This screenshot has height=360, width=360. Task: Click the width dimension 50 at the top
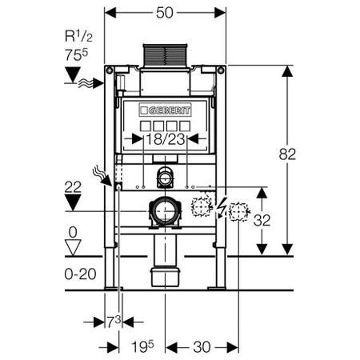point(165,13)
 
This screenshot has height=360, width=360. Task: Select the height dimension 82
point(287,154)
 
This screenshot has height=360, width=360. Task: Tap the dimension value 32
point(262,220)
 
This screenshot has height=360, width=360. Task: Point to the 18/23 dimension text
point(166,139)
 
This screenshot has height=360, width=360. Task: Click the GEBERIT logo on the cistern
point(165,110)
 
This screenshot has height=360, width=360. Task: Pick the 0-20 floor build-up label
point(80,274)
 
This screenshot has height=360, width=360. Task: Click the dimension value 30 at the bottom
point(202,347)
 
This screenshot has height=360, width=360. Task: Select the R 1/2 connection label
point(78,36)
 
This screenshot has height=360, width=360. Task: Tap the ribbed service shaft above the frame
point(166,55)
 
